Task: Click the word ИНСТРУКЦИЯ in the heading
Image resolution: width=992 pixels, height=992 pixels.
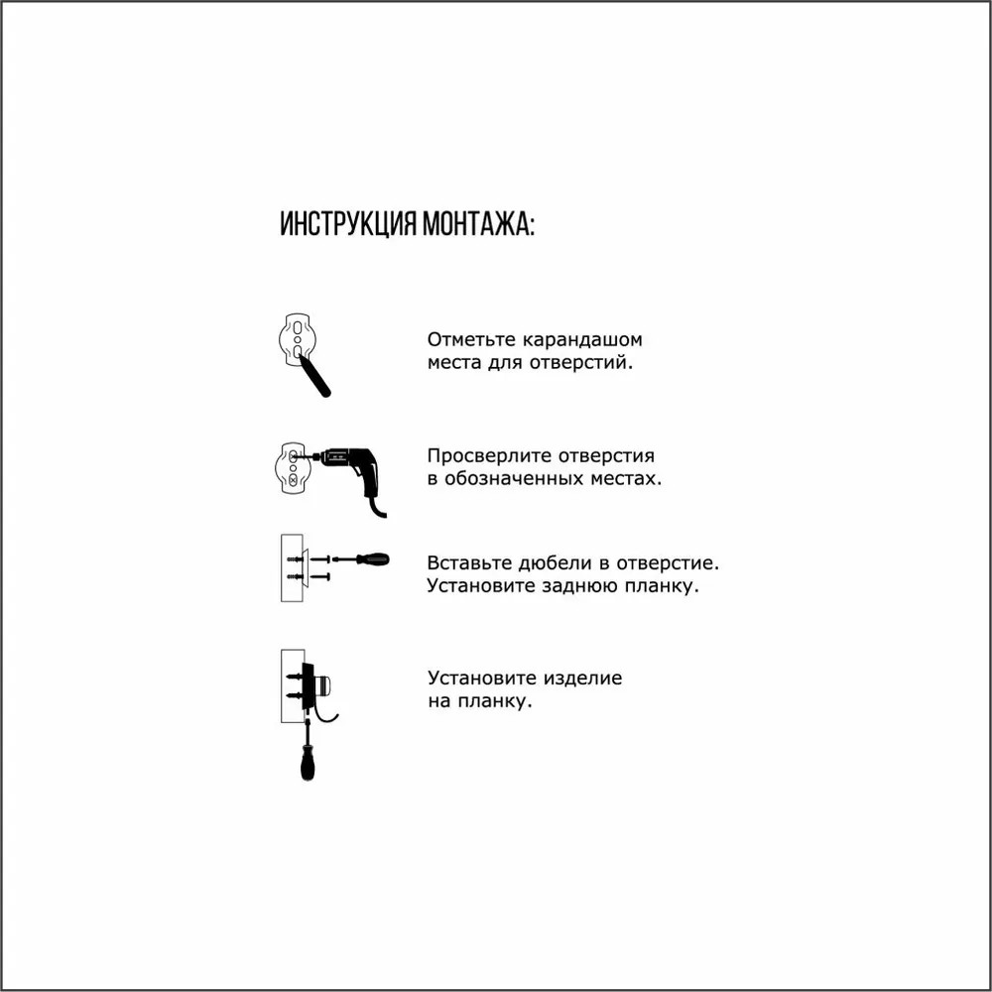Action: pyautogui.click(x=348, y=224)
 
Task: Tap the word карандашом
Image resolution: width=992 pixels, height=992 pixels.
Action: pyautogui.click(x=582, y=340)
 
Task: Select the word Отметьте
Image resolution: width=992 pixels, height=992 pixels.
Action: pyautogui.click(x=471, y=339)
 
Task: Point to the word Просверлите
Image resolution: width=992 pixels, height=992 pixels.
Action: pyautogui.click(x=486, y=456)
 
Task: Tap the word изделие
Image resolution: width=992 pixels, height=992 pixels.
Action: pyautogui.click(x=581, y=679)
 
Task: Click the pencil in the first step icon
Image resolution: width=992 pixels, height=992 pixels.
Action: pyautogui.click(x=314, y=376)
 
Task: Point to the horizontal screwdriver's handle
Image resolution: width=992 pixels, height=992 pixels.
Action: pyautogui.click(x=373, y=559)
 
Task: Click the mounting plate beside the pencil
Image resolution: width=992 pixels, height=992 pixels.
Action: pyautogui.click(x=296, y=339)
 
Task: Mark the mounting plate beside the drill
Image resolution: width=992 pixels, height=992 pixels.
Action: pyautogui.click(x=293, y=467)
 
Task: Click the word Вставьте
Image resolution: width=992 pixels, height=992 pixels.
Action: pyautogui.click(x=469, y=562)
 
